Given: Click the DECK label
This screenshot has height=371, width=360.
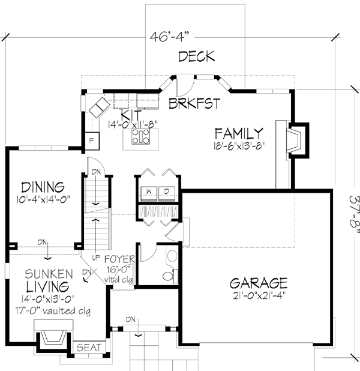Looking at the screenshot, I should coord(196,57).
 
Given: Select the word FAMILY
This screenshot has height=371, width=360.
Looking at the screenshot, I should coord(239,133).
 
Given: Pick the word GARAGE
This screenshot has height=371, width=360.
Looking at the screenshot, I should coord(258,282).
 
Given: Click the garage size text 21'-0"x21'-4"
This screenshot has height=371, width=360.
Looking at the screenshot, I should coord(258,295).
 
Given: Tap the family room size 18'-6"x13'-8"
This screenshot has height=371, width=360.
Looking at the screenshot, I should coord(239,145).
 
